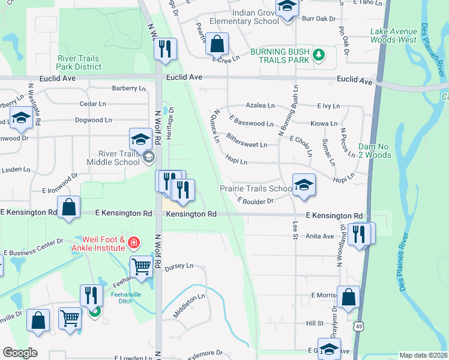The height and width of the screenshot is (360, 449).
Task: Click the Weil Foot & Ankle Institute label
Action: (98, 244)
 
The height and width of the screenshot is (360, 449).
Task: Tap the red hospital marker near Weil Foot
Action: (134, 243)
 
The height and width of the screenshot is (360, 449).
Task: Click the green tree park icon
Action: (319, 56)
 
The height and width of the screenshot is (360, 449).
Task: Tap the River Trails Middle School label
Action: (113, 158)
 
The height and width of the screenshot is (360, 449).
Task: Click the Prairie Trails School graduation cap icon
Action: (304, 185)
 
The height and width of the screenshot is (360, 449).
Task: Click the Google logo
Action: (20, 353)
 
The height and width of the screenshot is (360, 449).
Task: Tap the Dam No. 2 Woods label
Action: (383, 151)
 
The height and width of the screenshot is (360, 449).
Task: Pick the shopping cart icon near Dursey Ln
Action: (142, 266)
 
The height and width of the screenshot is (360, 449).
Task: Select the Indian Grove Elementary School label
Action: (244, 16)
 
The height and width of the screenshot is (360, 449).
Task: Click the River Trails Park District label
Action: (78, 62)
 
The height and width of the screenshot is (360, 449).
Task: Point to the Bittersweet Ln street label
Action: (247, 145)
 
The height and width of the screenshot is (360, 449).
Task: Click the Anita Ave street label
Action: (320, 236)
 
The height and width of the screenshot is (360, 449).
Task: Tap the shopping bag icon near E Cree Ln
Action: (218, 43)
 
